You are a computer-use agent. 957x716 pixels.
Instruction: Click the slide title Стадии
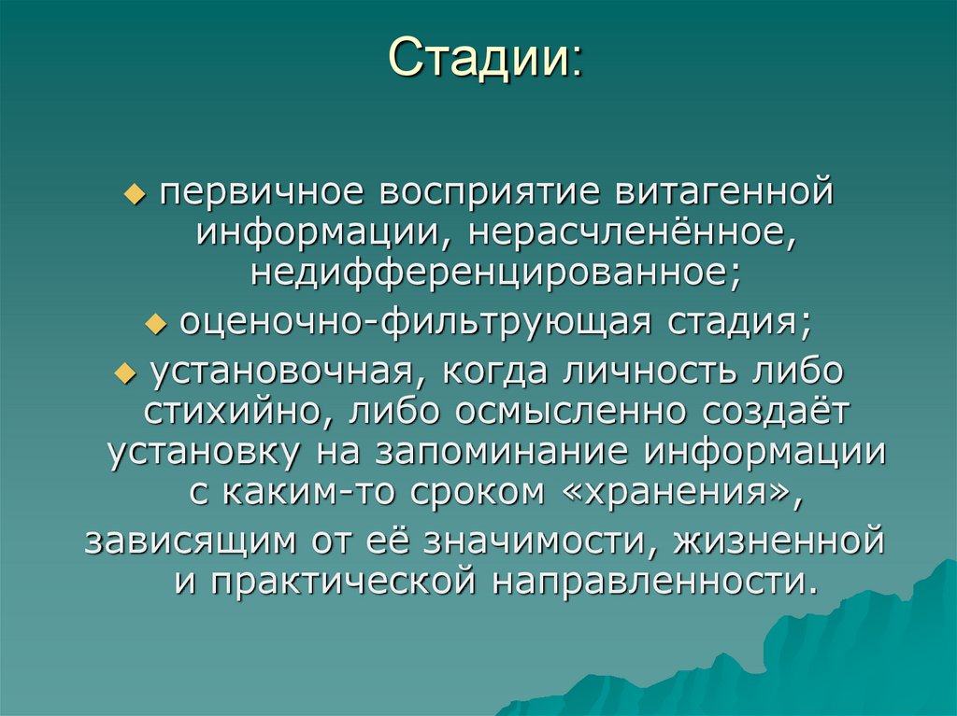click(483, 59)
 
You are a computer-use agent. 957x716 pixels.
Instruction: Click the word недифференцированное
click(478, 274)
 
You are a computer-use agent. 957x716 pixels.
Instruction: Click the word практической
click(336, 581)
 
